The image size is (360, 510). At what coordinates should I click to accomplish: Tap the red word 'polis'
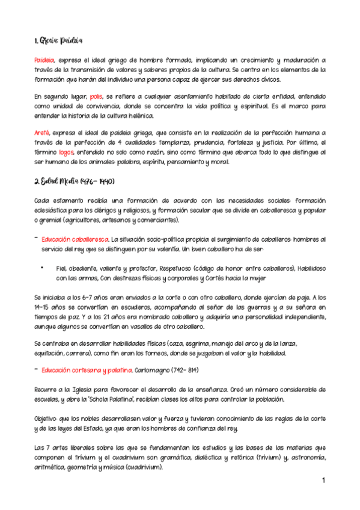pos(96,96)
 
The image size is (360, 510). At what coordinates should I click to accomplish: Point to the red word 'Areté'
pos(42,132)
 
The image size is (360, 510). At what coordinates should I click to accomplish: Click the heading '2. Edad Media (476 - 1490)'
pos(74,182)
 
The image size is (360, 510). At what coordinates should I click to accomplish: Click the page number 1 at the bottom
pos(323,481)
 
